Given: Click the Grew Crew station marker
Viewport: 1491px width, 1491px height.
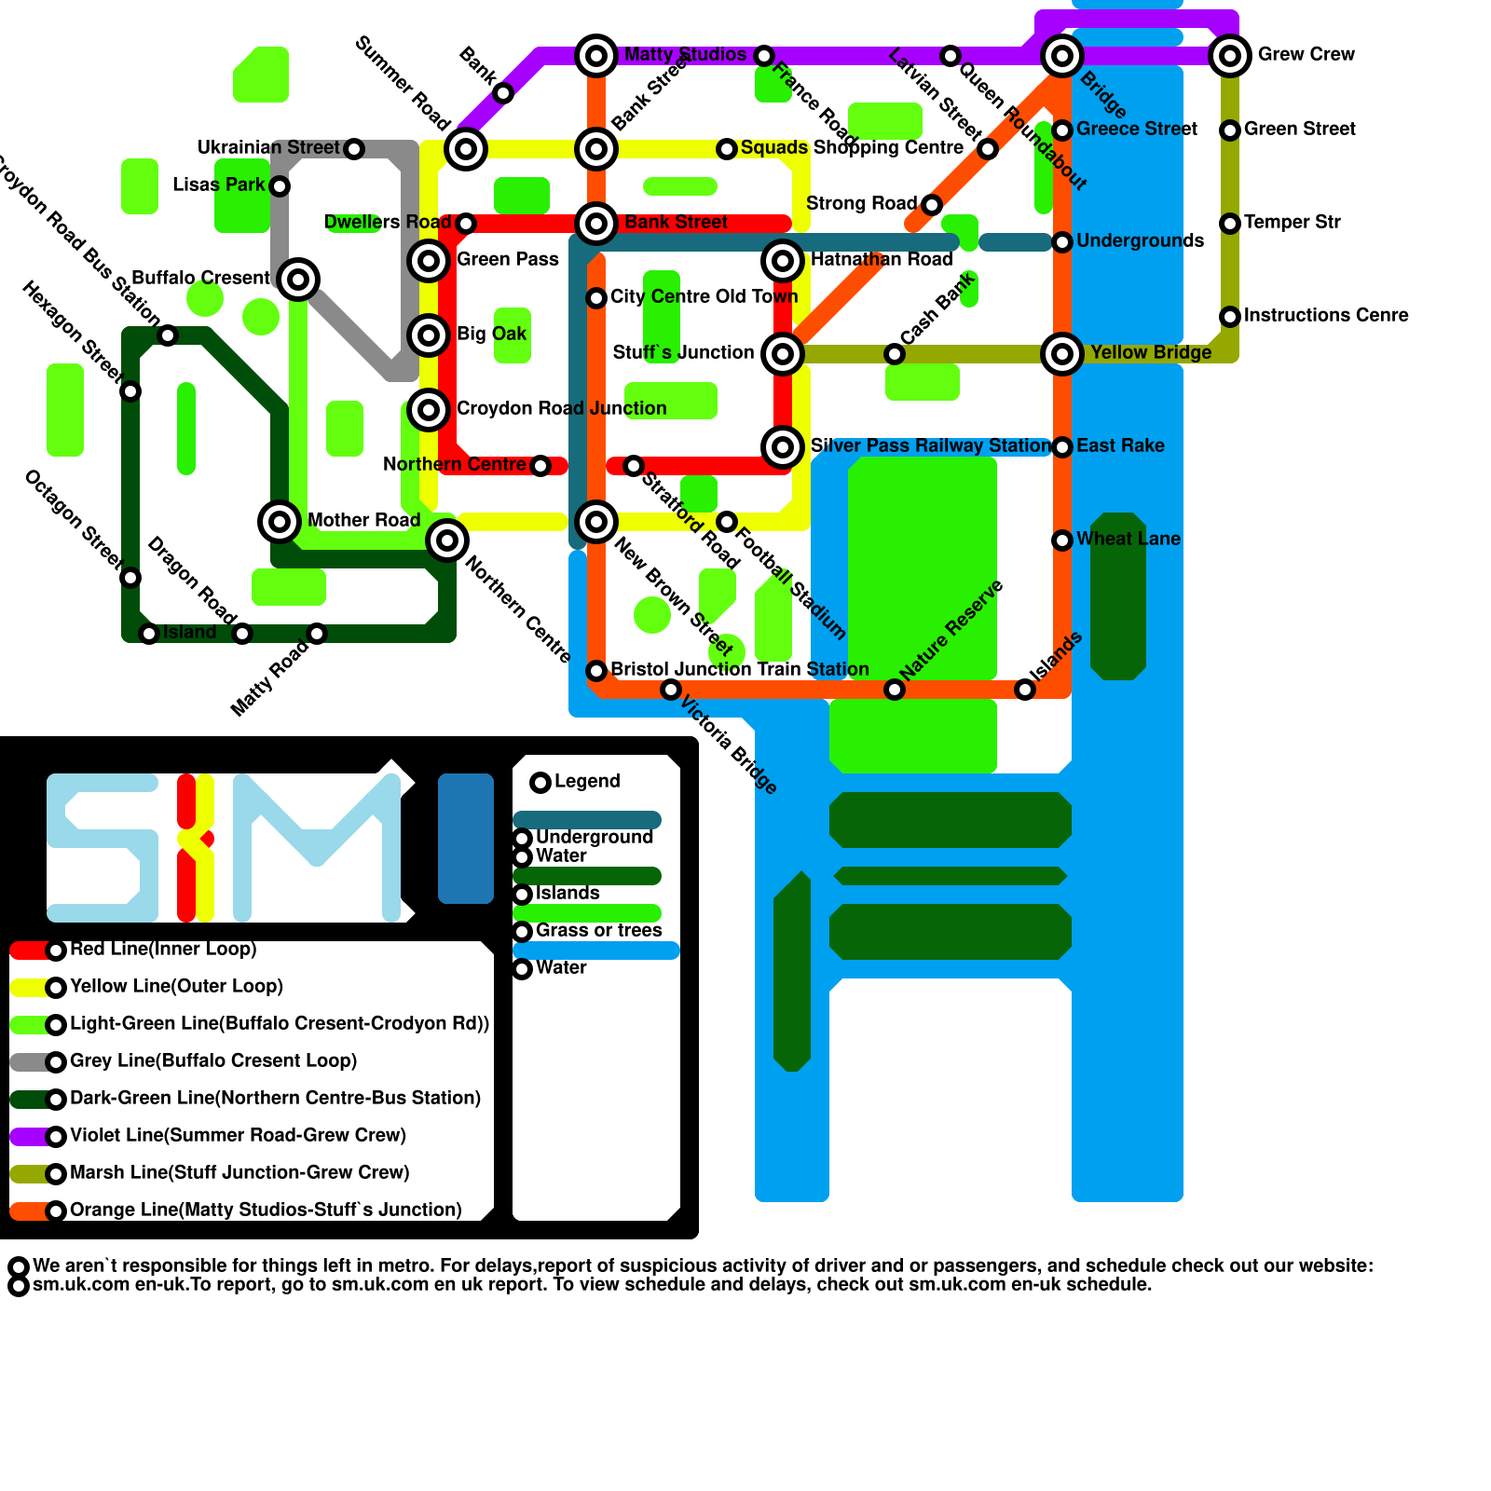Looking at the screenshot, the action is (x=1230, y=56).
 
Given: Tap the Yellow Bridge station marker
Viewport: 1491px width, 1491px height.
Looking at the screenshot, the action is (x=1062, y=354).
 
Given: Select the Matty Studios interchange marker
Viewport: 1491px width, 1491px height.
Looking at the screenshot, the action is (x=596, y=56).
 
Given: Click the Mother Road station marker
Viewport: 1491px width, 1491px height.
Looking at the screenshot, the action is (x=280, y=522).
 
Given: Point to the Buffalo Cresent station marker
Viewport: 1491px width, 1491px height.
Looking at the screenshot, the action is (x=298, y=279).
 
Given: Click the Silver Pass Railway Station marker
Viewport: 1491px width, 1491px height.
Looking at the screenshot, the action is (x=783, y=447).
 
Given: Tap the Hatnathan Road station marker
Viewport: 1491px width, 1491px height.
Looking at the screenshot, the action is (x=783, y=261).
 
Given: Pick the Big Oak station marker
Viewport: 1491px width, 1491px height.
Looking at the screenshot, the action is (x=429, y=335).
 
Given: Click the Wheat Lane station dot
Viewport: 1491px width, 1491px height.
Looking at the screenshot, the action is (x=1062, y=540).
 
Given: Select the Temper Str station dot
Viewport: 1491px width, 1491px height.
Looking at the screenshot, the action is (x=1230, y=224).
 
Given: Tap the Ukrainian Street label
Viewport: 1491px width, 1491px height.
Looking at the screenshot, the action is (x=268, y=148).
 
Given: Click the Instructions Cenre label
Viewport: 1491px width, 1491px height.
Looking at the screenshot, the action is (x=1326, y=316).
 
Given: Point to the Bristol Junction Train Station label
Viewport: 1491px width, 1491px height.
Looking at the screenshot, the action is (x=739, y=670).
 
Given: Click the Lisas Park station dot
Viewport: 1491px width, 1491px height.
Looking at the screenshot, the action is (x=280, y=186).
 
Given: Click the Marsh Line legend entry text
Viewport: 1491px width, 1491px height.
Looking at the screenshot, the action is (x=239, y=1173).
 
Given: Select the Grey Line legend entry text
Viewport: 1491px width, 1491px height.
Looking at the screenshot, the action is (x=213, y=1061).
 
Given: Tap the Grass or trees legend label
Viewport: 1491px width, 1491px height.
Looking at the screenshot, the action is (x=598, y=931).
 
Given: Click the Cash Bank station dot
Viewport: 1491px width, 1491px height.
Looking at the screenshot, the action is (x=895, y=354).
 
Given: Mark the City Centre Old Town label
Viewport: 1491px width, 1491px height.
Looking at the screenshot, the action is (x=704, y=297).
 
